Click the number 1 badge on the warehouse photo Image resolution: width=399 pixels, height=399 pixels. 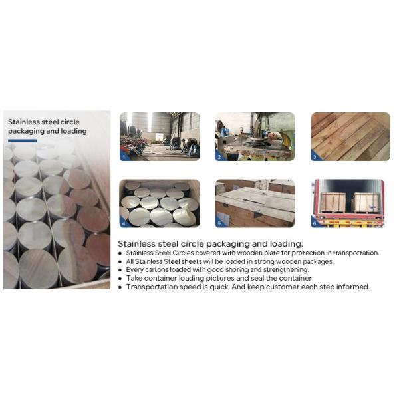(x=124, y=156)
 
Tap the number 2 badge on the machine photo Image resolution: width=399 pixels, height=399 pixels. (x=219, y=157)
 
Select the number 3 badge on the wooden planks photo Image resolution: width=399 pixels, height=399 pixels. (x=315, y=157)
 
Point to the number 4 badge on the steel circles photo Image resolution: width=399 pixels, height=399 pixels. (x=124, y=223)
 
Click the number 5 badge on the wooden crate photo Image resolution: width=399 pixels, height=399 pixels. (x=219, y=223)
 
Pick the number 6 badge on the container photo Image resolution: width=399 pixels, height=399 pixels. (x=315, y=223)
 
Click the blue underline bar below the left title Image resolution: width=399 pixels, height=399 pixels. (x=22, y=140)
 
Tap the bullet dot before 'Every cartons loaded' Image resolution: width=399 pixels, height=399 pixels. (x=120, y=270)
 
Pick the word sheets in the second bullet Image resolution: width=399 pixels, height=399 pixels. (x=192, y=261)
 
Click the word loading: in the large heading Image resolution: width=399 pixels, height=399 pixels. (x=287, y=244)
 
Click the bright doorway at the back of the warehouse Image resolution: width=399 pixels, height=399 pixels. (x=160, y=137)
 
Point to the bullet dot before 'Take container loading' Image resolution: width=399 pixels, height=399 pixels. (x=120, y=279)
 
